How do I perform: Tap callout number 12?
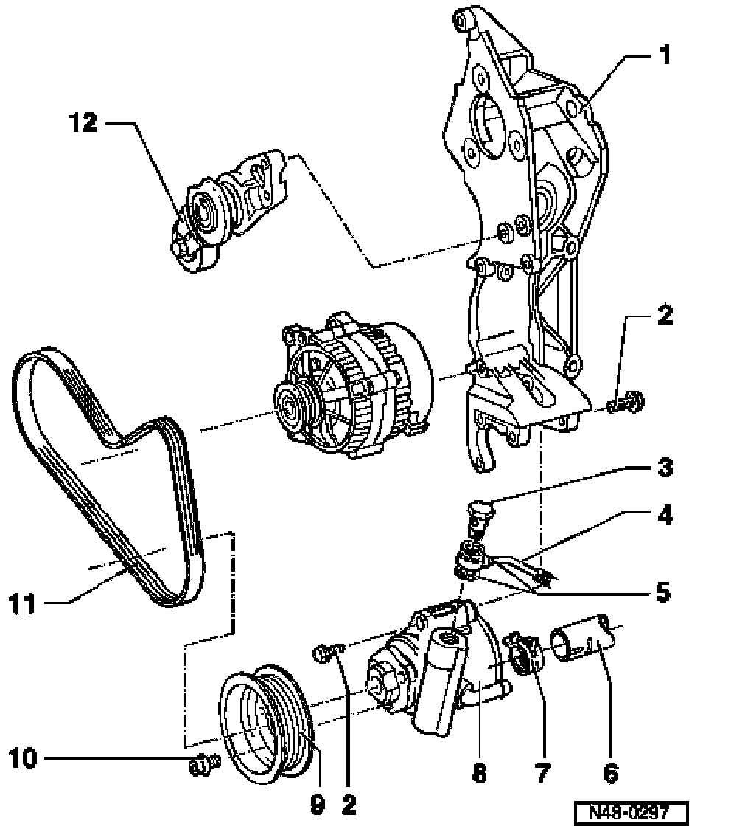point(83,122)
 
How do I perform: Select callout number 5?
point(663,593)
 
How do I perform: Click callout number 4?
point(664,516)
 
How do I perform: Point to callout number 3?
point(664,468)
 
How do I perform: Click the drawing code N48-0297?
point(631,813)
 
